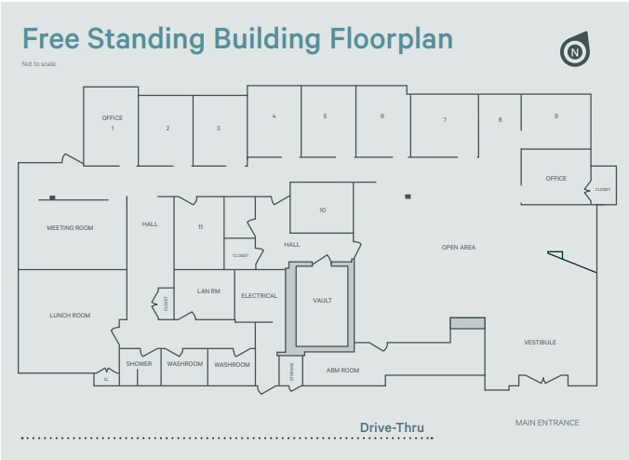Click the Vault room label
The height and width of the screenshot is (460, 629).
coord(322,301)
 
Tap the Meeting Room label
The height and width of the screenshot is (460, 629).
coord(70,228)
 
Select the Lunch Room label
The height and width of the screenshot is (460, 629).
coord(70,316)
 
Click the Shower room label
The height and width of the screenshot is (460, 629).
coord(139,364)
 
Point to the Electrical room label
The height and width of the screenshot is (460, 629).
coord(259,296)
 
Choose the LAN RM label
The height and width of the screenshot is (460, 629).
coord(208,291)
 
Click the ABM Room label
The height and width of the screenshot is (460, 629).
coord(341,371)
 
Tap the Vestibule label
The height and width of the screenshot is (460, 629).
coord(540,343)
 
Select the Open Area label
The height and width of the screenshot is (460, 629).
coord(458,248)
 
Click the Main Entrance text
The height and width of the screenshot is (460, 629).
coord(547,423)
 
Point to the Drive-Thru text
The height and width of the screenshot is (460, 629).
coord(392,428)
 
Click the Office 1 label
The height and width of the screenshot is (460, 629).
coord(112,123)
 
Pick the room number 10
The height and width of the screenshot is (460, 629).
coord(322,210)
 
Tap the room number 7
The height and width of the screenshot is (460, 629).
coord(445,120)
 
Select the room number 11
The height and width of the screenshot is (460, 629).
coord(200,227)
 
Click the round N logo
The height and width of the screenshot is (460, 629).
coord(575,51)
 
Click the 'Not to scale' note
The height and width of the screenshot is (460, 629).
coord(38,64)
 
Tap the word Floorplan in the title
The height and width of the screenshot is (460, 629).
coord(391,39)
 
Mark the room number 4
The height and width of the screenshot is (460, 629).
coord(274,116)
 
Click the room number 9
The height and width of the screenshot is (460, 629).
coord(555,116)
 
